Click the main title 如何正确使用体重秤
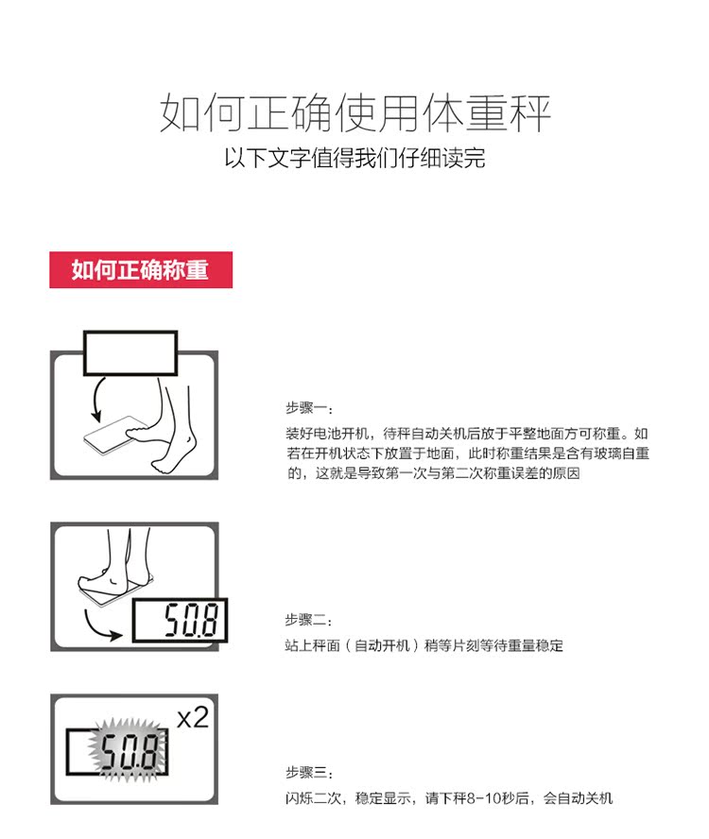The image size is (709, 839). [355, 112]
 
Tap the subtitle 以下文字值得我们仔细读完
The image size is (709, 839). [355, 158]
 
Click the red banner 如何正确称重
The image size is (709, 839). [141, 269]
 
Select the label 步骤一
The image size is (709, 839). [309, 408]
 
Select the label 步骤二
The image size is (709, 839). [309, 620]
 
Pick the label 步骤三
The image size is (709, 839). [309, 772]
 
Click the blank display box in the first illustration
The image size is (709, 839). [130, 353]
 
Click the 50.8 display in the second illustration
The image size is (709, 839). [180, 620]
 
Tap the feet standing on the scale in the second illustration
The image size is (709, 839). [114, 573]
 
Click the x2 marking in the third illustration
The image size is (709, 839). [193, 717]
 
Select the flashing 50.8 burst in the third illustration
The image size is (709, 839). [129, 750]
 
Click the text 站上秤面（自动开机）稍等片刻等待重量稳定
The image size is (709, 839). [424, 645]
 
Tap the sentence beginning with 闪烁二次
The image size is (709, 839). [449, 798]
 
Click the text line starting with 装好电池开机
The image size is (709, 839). [467, 434]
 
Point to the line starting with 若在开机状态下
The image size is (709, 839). [468, 454]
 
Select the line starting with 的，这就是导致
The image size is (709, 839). [434, 473]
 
